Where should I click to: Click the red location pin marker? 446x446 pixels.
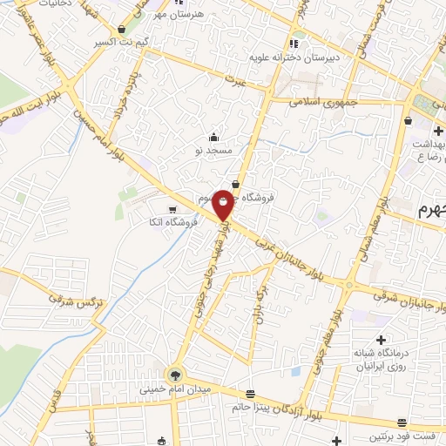(x=224, y=204)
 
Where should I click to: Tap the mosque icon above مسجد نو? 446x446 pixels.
(x=214, y=137)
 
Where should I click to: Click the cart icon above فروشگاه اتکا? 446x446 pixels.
(x=172, y=209)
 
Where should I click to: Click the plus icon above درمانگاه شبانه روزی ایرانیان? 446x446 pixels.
(x=380, y=338)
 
